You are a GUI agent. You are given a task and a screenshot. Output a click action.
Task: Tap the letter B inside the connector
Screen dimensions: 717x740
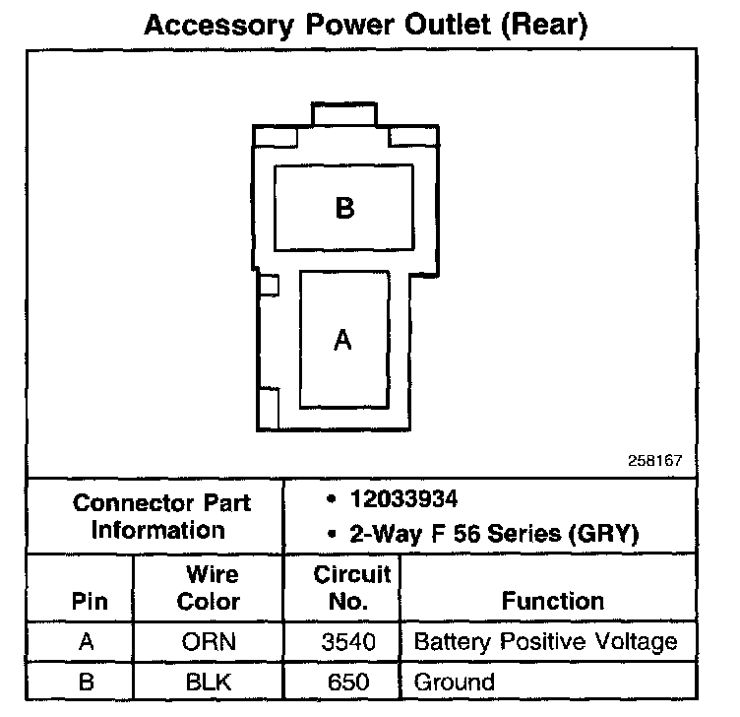coord(343,209)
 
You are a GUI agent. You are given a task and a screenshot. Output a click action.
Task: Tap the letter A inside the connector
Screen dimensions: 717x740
coord(342,340)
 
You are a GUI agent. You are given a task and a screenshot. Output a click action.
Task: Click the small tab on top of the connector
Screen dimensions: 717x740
coord(343,113)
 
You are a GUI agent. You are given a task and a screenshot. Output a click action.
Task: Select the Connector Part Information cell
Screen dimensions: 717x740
coord(161,516)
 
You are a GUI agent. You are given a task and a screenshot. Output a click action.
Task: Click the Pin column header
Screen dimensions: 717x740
coord(90,600)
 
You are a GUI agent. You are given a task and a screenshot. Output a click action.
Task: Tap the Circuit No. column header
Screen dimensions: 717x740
coord(351,587)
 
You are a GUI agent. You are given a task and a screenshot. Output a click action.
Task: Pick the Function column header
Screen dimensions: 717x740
coord(552,600)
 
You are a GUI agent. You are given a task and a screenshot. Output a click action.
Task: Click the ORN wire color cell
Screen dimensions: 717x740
coord(209,643)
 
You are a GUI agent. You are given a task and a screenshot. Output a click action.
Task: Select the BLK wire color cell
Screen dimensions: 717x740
coord(209,681)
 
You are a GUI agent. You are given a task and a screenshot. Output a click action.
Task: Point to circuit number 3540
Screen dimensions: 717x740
coord(348,643)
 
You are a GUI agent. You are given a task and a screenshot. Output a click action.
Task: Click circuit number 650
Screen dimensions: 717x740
coord(348,681)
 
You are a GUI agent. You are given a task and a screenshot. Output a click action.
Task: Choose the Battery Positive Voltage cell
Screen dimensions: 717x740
coord(546,643)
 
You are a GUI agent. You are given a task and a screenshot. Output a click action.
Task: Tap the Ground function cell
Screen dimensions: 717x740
coord(455,681)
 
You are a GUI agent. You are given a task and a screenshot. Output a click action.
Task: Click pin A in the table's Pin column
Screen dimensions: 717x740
coord(87,643)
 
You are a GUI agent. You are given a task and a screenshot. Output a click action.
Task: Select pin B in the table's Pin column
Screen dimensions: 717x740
coord(87,681)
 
